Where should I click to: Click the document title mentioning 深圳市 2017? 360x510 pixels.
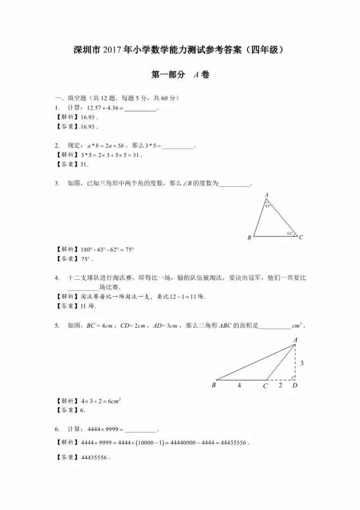pyautogui.click(x=181, y=50)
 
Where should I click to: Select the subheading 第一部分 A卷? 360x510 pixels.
pyautogui.click(x=180, y=74)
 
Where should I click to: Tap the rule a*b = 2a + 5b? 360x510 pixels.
pyautogui.click(x=106, y=146)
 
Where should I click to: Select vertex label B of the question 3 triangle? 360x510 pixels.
pyautogui.click(x=249, y=238)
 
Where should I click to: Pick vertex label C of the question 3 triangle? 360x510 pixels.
pyautogui.click(x=301, y=238)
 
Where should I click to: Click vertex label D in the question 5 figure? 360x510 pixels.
pyautogui.click(x=295, y=386)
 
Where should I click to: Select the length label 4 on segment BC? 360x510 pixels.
pyautogui.click(x=238, y=386)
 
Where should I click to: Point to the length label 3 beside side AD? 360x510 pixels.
pyautogui.click(x=301, y=364)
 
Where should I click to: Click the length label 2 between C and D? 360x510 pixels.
pyautogui.click(x=280, y=386)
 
